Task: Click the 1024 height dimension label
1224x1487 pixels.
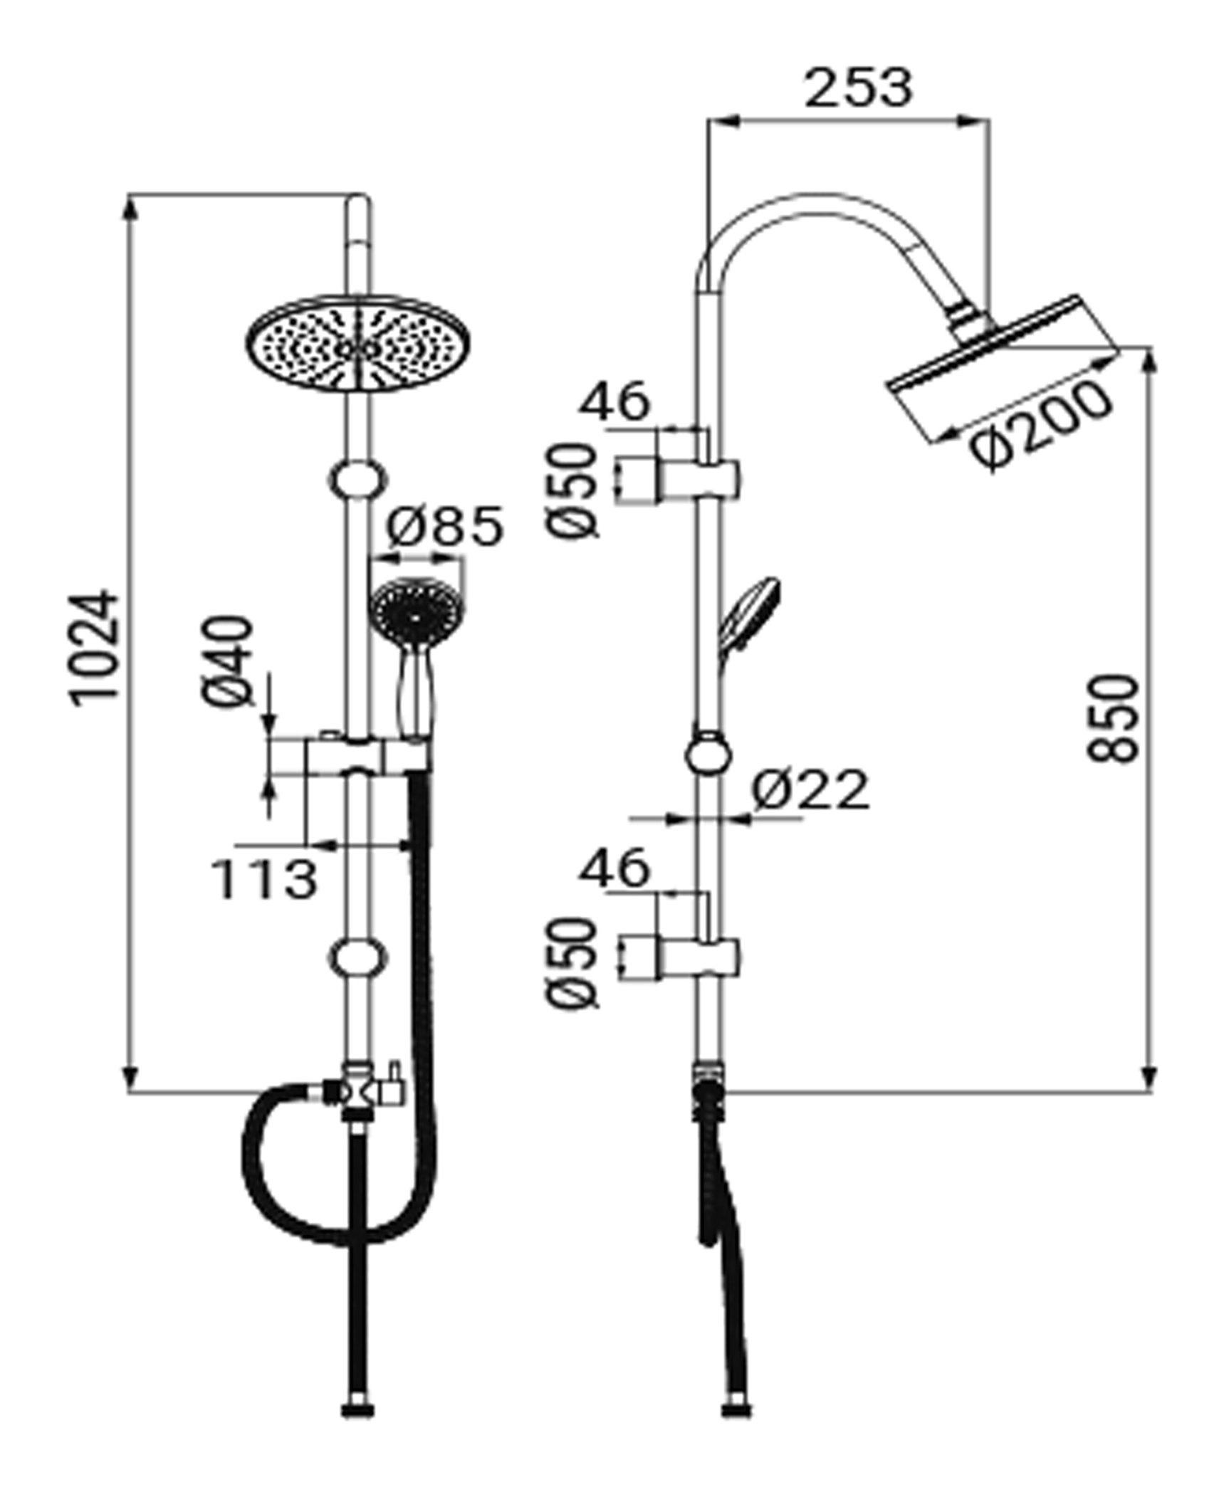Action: click(95, 647)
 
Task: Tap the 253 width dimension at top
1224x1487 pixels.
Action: click(858, 88)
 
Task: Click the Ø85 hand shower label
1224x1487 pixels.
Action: click(444, 527)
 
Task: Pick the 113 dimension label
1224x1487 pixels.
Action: click(264, 880)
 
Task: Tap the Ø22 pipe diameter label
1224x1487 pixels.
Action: click(810, 789)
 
